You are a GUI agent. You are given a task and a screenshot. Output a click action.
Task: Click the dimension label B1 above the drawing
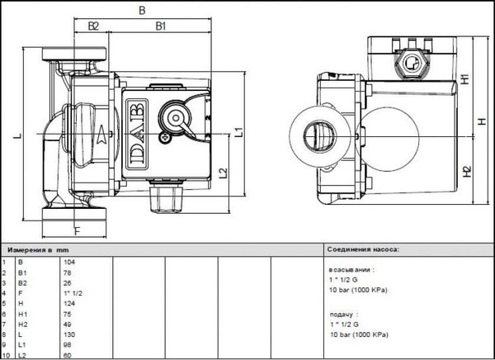162,26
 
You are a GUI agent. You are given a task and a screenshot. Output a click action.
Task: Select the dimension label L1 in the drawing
237,131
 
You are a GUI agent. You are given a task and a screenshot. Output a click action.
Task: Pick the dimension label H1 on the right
465,80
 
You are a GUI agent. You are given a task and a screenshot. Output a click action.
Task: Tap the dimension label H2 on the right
465,173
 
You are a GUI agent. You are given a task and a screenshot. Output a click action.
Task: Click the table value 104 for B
69,262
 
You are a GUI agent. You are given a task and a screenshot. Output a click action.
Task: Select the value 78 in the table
68,272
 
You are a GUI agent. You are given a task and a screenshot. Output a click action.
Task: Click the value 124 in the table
69,304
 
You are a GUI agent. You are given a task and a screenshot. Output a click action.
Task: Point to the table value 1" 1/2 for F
73,293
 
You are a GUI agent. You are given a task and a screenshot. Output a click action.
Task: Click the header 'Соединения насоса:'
363,248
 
